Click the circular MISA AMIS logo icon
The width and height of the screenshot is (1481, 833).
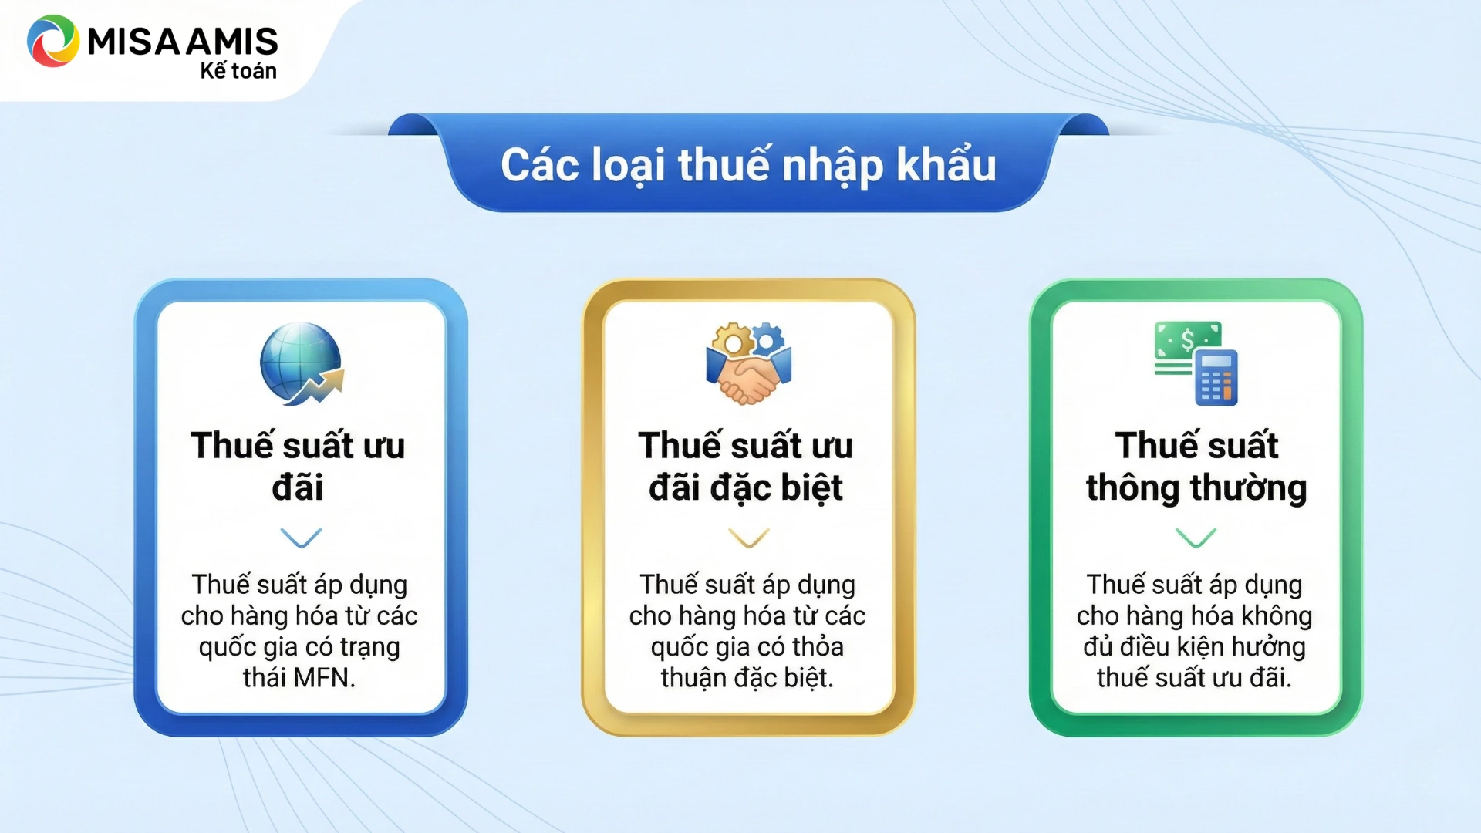pyautogui.click(x=53, y=41)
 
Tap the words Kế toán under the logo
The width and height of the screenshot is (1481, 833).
pyautogui.click(x=238, y=71)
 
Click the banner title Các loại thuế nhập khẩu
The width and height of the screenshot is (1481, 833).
pyautogui.click(x=748, y=165)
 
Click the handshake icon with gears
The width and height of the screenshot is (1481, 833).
pyautogui.click(x=748, y=363)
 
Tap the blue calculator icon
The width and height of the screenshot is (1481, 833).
pyautogui.click(x=1216, y=377)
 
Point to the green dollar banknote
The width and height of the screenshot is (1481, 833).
pyautogui.click(x=1188, y=340)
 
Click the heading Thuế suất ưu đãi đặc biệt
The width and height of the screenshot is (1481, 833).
pyautogui.click(x=746, y=467)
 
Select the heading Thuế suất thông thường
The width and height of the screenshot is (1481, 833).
pyautogui.click(x=1196, y=467)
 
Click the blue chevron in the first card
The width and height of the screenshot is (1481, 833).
pyautogui.click(x=301, y=537)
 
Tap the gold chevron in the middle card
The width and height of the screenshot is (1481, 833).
pyautogui.click(x=748, y=537)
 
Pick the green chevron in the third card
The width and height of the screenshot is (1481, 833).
pyautogui.click(x=1196, y=537)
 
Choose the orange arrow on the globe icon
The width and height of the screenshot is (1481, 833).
pyautogui.click(x=318, y=386)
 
